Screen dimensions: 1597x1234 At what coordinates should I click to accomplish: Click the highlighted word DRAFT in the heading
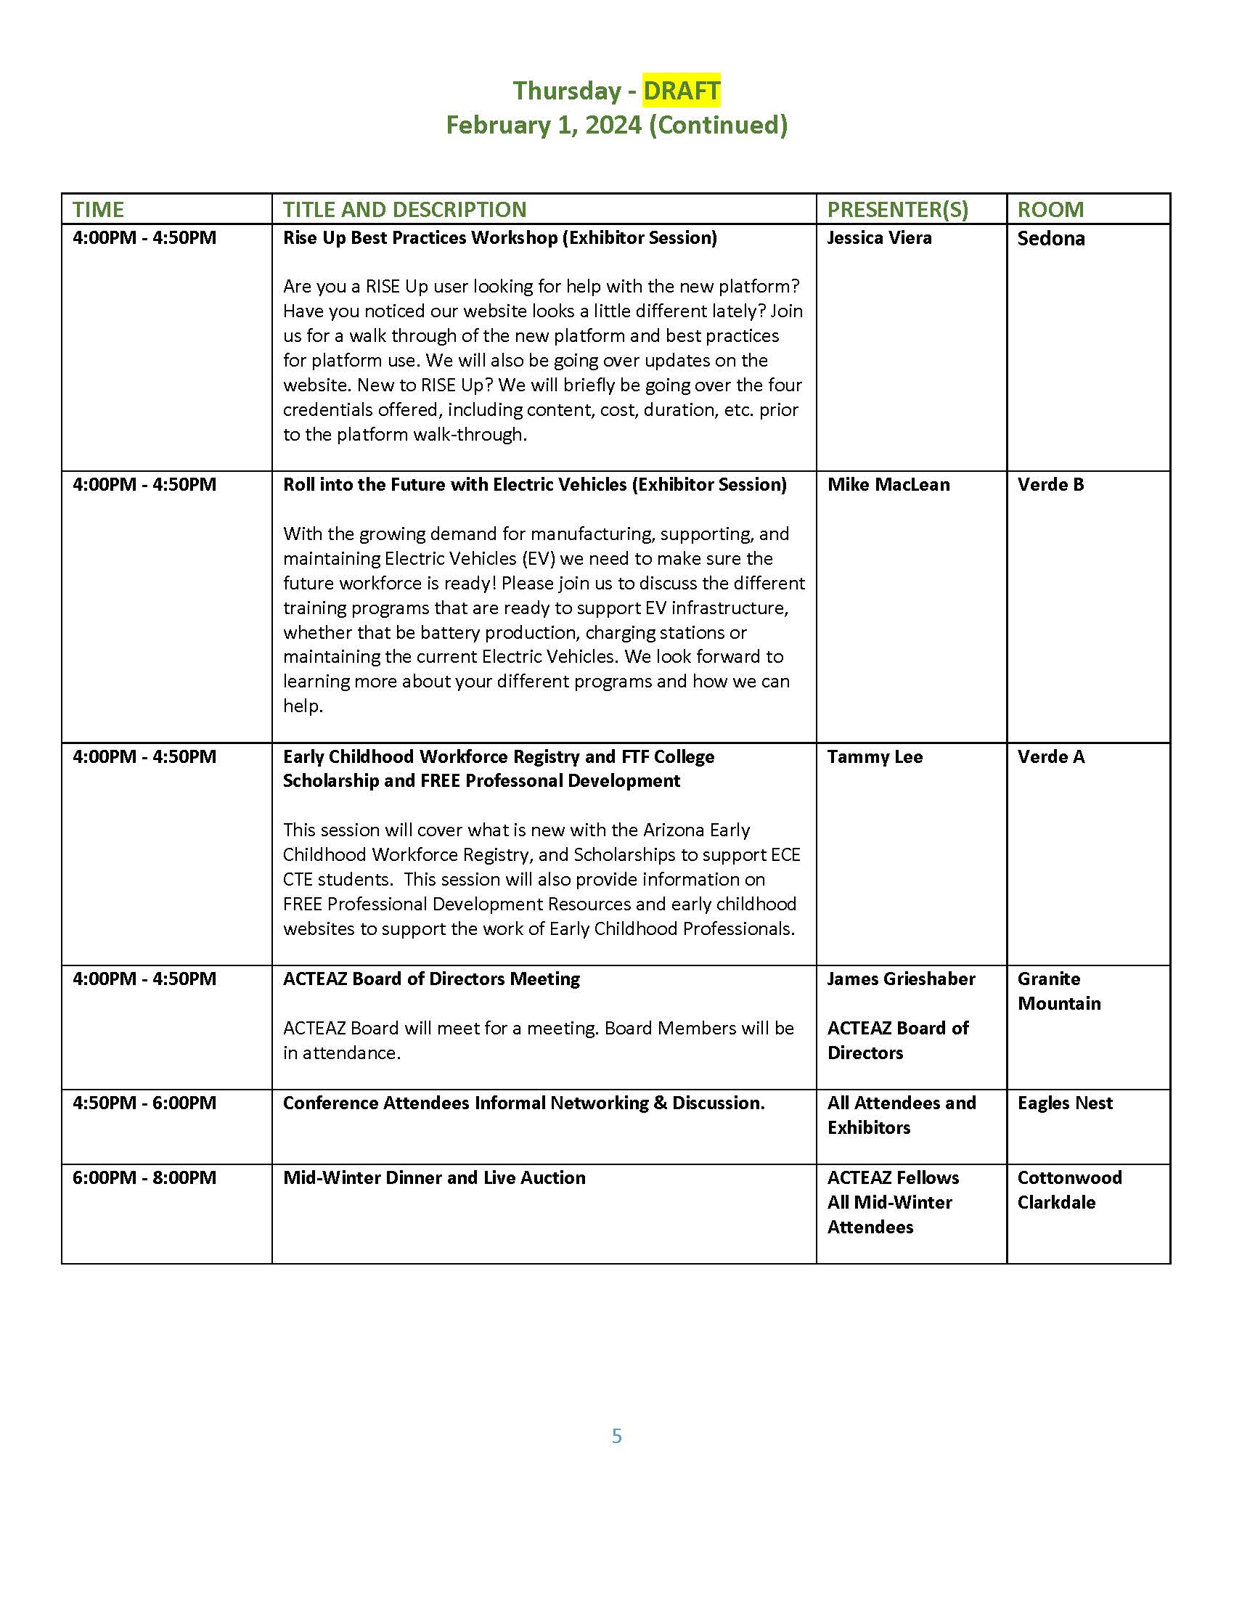[x=682, y=91]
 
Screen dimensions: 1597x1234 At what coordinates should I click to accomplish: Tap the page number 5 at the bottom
[x=617, y=1436]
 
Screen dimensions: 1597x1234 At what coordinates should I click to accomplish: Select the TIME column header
[x=98, y=210]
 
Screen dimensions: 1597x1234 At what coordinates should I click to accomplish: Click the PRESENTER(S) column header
[x=897, y=210]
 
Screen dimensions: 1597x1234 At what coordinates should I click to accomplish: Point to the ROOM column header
[x=1050, y=210]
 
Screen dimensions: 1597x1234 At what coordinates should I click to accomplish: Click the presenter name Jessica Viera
[x=879, y=238]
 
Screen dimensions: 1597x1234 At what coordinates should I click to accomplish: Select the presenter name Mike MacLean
[x=888, y=485]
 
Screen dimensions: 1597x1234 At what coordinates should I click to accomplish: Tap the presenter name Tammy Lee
[x=875, y=757]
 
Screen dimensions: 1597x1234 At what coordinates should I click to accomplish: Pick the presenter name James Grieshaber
[x=901, y=979]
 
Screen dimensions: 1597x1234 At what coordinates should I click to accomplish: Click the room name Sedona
[x=1050, y=239]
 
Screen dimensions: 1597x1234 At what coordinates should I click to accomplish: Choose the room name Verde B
[x=1050, y=485]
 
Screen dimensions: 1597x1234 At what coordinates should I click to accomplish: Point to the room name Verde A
[x=1050, y=757]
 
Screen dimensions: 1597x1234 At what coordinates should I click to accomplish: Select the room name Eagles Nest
[x=1064, y=1103]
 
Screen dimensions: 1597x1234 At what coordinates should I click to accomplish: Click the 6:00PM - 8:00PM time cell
[x=144, y=1178]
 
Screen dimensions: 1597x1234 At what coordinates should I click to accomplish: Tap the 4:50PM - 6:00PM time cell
[x=144, y=1103]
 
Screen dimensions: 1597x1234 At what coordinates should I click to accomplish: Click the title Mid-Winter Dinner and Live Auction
[x=434, y=1178]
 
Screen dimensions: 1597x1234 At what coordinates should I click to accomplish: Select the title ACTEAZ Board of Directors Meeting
[x=431, y=979]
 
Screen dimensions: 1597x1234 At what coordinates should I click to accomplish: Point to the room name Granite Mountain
[x=1058, y=992]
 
